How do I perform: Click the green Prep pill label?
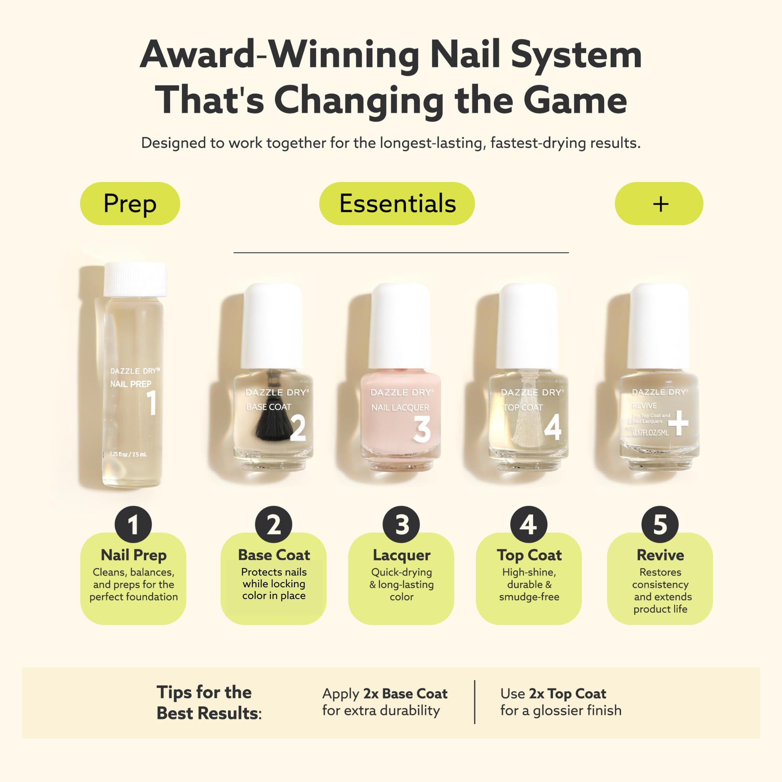[x=130, y=204]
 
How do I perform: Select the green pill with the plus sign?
[x=658, y=204]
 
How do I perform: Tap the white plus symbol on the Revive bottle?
[x=678, y=423]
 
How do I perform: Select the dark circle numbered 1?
[x=133, y=525]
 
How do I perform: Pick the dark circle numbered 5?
[x=660, y=525]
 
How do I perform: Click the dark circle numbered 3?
[x=401, y=525]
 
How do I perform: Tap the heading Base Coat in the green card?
[x=274, y=555]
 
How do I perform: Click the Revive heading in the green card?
[x=660, y=555]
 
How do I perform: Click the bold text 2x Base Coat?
[x=405, y=694]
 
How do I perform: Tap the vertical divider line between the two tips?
[x=474, y=702]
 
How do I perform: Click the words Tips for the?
[x=204, y=692]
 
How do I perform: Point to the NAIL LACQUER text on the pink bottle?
[x=400, y=407]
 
